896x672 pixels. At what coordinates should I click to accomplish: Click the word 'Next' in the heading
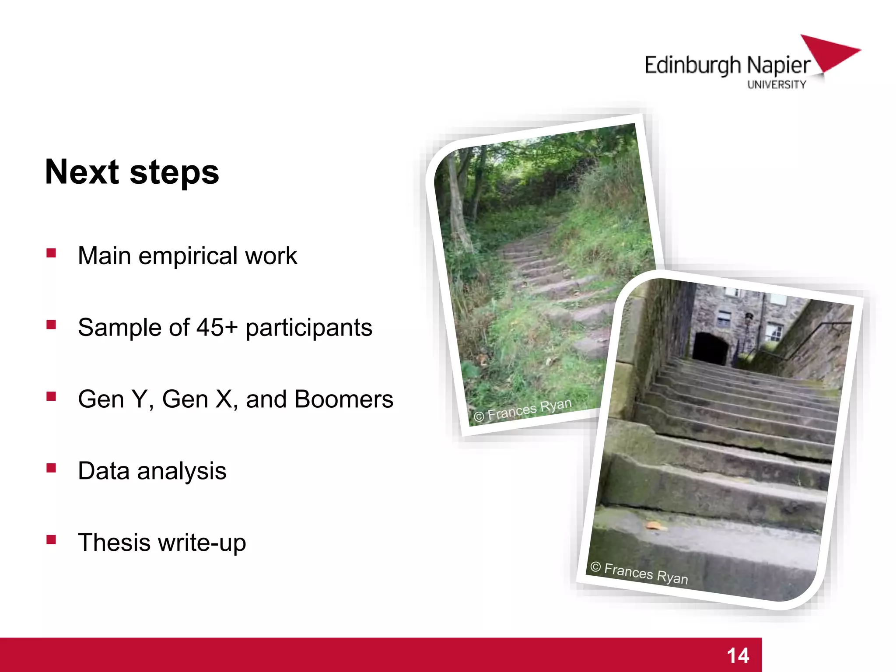pos(81,172)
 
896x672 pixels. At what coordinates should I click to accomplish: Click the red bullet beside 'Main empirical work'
pos(51,253)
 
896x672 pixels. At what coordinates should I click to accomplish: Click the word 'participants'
pos(309,329)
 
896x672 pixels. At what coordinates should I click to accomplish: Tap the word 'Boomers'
pos(344,399)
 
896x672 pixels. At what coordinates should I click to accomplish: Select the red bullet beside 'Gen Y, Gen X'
pos(51,396)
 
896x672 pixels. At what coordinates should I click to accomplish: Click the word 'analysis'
pos(182,471)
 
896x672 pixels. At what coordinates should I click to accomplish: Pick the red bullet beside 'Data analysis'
pos(51,468)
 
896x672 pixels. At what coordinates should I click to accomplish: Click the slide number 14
pos(738,655)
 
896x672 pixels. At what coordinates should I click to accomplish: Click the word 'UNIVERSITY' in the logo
pos(776,85)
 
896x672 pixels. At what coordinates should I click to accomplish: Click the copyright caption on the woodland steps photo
pos(523,410)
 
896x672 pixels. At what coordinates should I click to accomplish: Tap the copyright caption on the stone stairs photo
pos(639,573)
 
